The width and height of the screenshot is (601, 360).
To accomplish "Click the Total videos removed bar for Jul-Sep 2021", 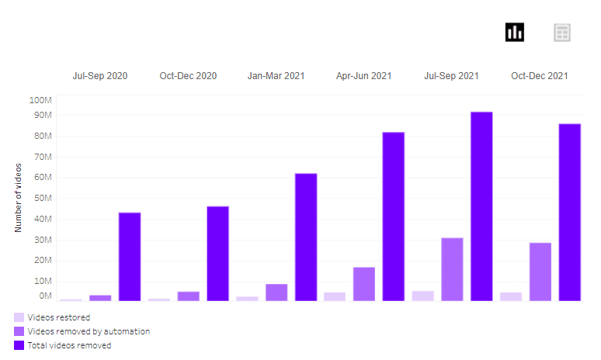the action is tap(481, 206).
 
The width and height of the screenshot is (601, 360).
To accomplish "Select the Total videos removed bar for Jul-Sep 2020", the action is tap(130, 257).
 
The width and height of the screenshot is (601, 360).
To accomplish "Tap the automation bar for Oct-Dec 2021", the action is tap(540, 272).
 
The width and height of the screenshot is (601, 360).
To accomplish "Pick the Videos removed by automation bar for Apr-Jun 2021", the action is tap(364, 284).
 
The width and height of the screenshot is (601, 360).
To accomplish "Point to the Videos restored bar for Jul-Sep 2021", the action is tap(422, 296).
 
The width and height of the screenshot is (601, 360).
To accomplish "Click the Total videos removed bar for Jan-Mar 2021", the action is tap(306, 237).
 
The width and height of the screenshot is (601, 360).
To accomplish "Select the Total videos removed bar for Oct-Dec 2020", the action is tap(217, 254).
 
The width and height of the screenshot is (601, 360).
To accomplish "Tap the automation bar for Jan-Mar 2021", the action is tap(276, 292).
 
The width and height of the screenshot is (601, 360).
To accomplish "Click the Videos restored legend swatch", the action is tap(19, 317).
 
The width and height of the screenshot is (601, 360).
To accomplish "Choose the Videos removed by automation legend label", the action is tap(89, 331).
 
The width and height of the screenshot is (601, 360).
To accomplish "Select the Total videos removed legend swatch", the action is tap(19, 345).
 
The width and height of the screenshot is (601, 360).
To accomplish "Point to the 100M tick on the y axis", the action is tap(40, 100).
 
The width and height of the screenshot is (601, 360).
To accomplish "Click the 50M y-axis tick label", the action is tap(43, 199).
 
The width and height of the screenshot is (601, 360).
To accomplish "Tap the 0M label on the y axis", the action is tap(45, 296).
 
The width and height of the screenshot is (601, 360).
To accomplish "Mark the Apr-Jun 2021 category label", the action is tap(363, 76).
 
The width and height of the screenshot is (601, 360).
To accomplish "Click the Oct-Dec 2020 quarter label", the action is tap(188, 76).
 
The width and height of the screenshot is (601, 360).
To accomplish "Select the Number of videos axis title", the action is tap(18, 198).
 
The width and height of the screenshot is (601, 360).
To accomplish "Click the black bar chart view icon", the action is tap(514, 32).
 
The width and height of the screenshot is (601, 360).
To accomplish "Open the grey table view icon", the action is tap(562, 33).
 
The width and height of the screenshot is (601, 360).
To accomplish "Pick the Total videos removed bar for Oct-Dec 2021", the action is tap(570, 213).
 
